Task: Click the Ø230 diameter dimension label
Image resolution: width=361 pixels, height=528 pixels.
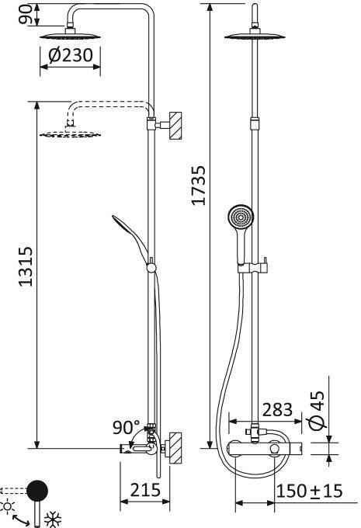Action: [x=71, y=55]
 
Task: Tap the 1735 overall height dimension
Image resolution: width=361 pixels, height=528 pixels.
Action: [x=198, y=185]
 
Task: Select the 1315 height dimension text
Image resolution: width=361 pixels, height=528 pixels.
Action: [x=26, y=266]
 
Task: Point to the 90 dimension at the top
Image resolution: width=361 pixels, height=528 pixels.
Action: [x=26, y=15]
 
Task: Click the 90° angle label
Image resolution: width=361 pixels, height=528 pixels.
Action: [x=127, y=427]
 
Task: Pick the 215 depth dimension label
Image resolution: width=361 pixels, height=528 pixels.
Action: [x=145, y=490]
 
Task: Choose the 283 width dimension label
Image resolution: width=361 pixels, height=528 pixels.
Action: [x=277, y=410]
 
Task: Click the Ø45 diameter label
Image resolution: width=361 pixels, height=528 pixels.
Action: [x=317, y=411]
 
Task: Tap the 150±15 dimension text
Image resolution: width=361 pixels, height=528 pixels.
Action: [x=309, y=491]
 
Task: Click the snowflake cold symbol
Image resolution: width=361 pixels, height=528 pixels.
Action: [x=53, y=519]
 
